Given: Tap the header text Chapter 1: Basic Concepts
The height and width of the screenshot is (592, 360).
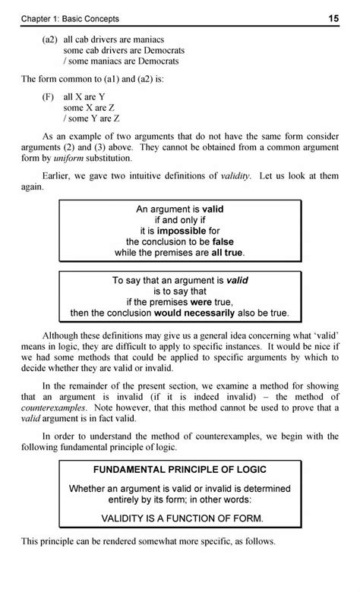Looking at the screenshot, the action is (x=71, y=17).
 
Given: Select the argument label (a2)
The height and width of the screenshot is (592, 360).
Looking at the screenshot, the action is (x=51, y=39).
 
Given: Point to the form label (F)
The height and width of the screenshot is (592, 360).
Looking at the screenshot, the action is (x=49, y=98).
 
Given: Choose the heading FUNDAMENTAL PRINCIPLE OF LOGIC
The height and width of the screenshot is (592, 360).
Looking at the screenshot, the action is (x=180, y=468).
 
